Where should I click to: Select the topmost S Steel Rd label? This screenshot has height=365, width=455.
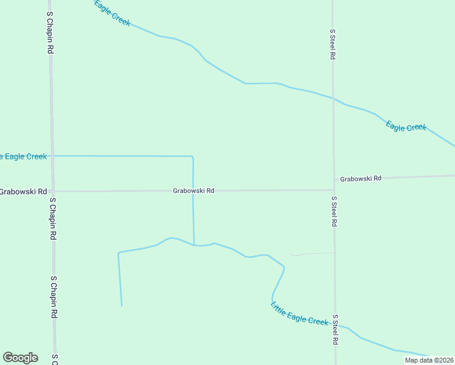point(333,44)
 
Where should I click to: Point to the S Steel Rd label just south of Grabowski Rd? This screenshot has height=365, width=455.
point(334,212)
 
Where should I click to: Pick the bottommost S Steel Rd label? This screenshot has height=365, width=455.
point(335,330)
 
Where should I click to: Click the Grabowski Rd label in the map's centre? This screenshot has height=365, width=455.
point(193,190)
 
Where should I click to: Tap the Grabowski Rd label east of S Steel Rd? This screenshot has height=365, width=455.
point(361,179)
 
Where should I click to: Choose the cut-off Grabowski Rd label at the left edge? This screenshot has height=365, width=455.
point(23,192)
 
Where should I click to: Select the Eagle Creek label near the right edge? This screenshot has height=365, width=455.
point(406,127)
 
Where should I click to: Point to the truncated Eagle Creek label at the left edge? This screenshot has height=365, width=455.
point(23,156)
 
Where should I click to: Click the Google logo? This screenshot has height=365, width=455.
point(20,358)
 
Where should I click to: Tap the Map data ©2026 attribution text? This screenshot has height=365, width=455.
point(429,360)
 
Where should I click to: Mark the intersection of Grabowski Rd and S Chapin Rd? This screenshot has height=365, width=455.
point(53,192)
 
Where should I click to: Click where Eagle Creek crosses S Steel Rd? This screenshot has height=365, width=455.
point(333,99)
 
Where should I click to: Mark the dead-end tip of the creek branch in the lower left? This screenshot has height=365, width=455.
point(122,305)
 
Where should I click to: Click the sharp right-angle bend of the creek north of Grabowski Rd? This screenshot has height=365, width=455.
point(192,157)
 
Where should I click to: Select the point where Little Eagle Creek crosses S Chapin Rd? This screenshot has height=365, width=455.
point(52,156)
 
